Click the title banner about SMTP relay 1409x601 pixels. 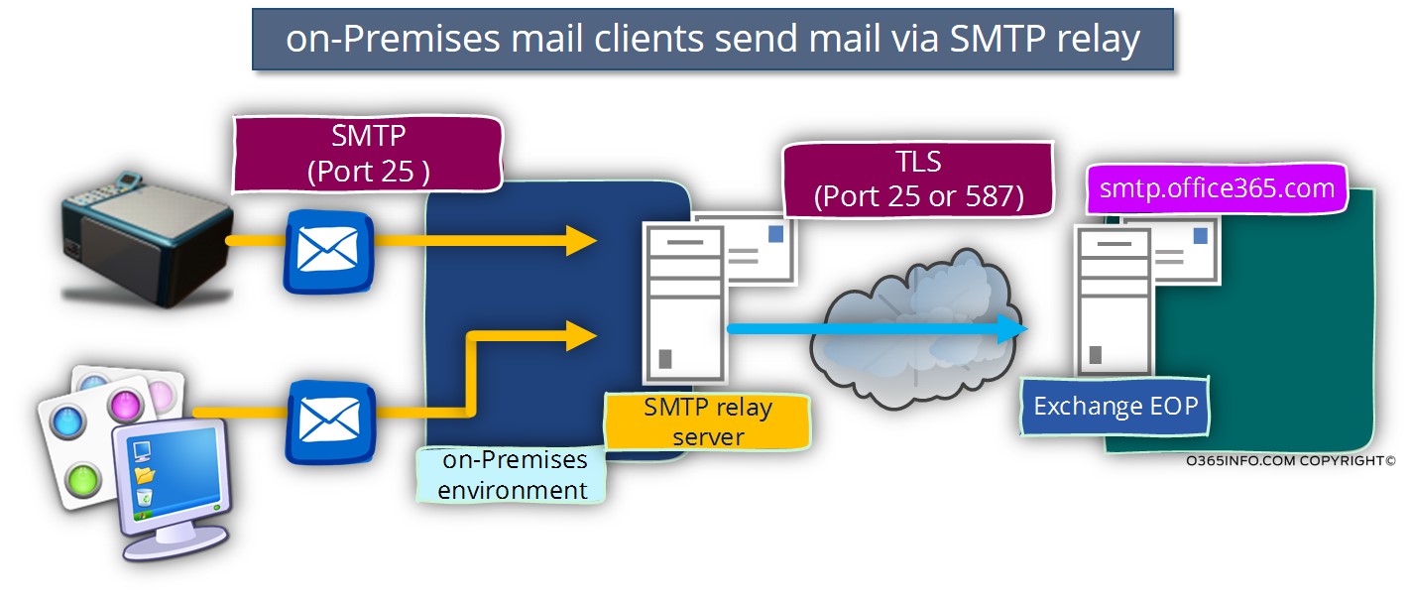pos(713,39)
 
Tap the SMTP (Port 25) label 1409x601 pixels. pos(368,154)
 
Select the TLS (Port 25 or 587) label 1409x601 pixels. pos(917,179)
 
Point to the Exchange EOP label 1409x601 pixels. pos(1116,406)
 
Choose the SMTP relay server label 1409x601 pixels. pos(708,421)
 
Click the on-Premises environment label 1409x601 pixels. pos(512,475)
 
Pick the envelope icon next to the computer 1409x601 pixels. pos(328,420)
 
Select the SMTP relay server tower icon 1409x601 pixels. pos(683,301)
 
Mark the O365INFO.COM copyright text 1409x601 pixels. pos(1289,460)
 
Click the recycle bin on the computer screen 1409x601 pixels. pos(144,495)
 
